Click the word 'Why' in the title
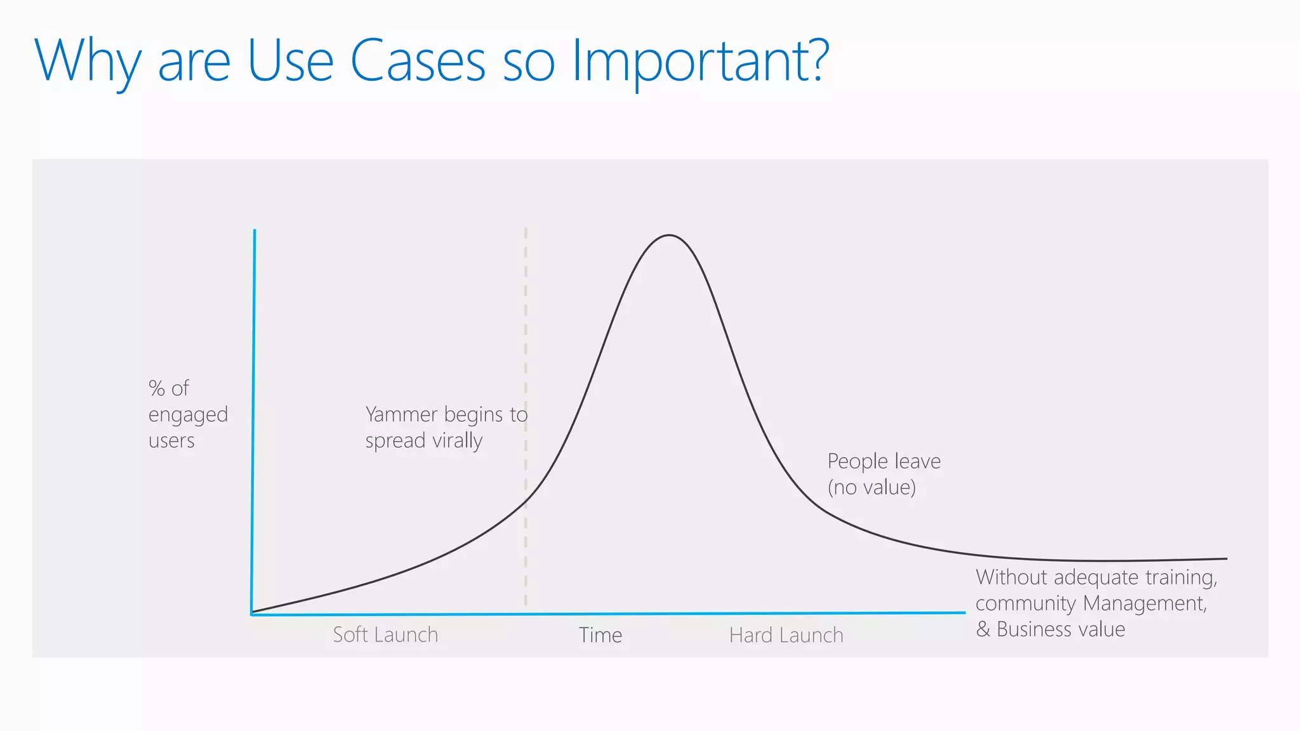coord(88,61)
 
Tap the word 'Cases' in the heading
coord(417,61)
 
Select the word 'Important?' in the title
coord(700,61)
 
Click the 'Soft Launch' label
coord(385,635)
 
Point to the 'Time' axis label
coord(600,635)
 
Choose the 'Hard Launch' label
coord(786,635)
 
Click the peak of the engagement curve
coord(669,236)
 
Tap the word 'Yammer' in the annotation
coord(401,414)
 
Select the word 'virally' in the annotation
coord(457,440)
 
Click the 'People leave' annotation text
coord(884,461)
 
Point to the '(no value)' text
coord(872,487)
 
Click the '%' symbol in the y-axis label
coord(156,388)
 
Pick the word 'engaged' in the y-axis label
coord(188,415)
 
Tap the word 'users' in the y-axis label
coord(171,440)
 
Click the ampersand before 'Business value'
coord(983,629)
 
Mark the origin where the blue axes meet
coord(252,614)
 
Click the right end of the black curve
coord(1226,559)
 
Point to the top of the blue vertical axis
coord(255,231)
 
